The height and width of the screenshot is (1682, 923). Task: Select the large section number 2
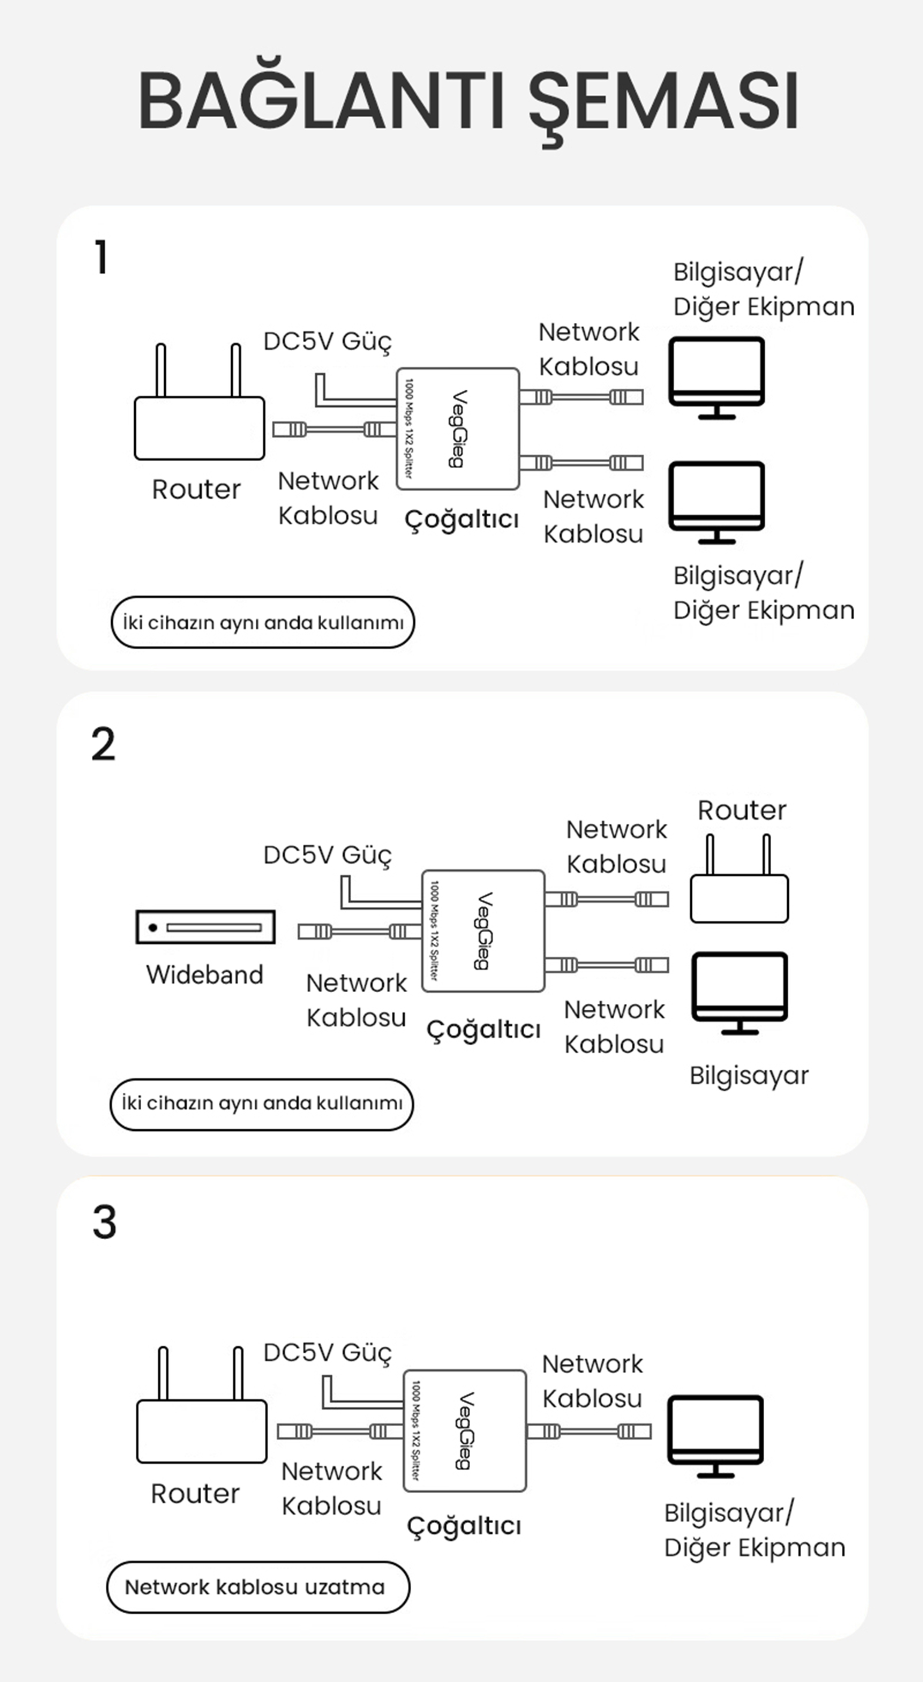103,744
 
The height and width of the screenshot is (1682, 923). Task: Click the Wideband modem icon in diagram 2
205,927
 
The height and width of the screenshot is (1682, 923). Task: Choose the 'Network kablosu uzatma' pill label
258,1587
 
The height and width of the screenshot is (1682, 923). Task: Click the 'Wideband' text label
204,975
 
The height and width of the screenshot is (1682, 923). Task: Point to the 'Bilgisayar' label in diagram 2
749,1075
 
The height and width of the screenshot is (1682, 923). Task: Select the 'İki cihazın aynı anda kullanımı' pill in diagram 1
263,622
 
